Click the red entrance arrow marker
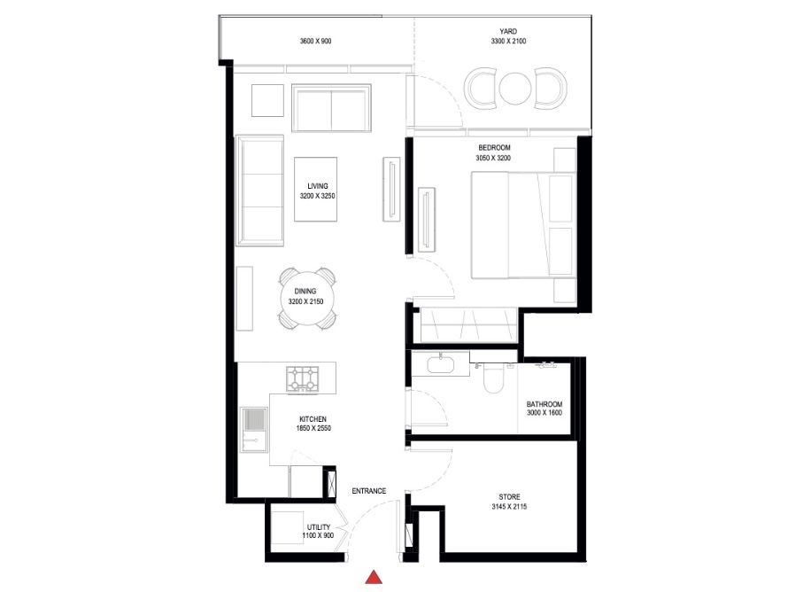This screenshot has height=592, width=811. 375,578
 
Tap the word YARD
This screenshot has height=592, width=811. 508,31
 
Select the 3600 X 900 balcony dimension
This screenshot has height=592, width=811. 316,42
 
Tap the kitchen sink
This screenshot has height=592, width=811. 254,425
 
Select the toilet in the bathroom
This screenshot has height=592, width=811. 492,378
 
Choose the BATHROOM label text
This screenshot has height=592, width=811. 545,404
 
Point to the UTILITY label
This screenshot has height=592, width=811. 319,527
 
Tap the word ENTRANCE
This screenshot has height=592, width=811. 368,491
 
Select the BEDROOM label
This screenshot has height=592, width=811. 493,148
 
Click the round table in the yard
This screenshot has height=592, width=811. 514,88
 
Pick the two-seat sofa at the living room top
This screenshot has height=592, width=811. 331,109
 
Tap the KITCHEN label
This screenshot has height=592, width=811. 313,418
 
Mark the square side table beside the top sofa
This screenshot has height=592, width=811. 267,99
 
